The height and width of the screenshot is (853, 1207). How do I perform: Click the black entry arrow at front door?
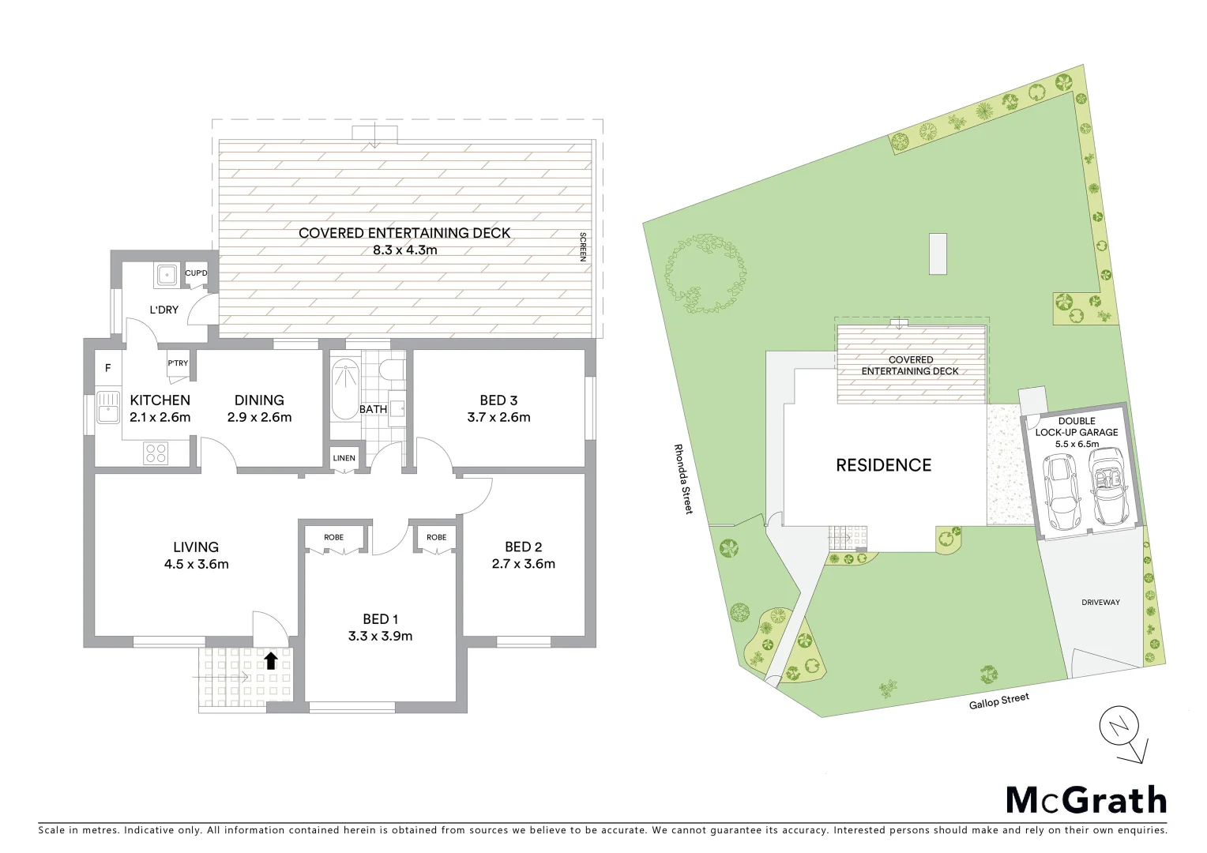coord(271,660)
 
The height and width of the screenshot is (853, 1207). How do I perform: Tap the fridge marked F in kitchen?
coord(108,368)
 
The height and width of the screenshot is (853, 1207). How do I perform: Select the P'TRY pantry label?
coord(178,363)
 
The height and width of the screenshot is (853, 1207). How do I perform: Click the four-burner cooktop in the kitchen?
coord(156,453)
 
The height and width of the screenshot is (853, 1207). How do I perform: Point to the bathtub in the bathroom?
coord(344,390)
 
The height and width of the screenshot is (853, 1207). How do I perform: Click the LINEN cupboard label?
coord(344,458)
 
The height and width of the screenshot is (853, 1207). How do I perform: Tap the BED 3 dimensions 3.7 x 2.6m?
coord(498,417)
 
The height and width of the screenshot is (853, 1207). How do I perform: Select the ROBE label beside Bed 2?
coord(436,537)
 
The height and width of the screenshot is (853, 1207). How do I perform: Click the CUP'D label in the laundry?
coord(196,273)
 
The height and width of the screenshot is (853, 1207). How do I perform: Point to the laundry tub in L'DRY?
coord(167,275)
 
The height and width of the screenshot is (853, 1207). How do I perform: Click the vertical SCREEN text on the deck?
coord(583,247)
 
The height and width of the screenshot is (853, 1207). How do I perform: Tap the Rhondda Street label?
coord(682,479)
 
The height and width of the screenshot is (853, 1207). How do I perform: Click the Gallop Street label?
coord(999,701)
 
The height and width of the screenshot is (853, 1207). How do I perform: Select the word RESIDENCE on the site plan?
coord(883,465)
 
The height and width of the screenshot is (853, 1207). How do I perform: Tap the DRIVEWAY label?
coord(1100,603)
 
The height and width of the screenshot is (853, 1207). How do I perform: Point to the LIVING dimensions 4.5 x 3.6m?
coord(196,564)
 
